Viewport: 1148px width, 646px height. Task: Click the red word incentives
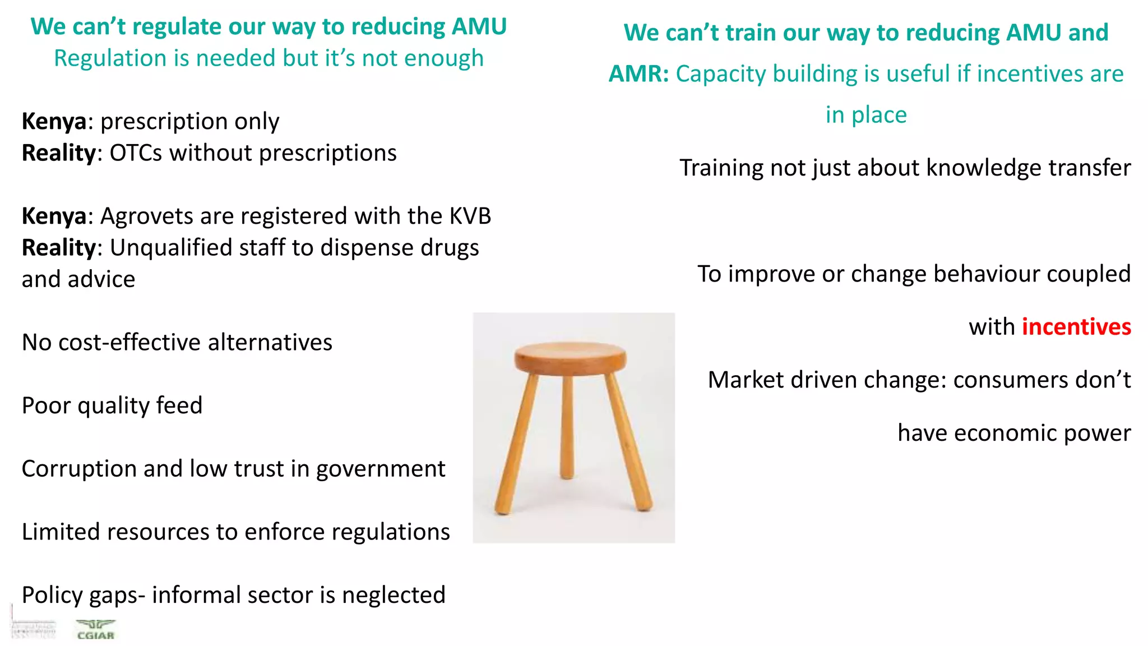pos(1076,327)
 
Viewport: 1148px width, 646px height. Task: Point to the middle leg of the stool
pos(567,426)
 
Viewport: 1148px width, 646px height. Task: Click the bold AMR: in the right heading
pos(638,74)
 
